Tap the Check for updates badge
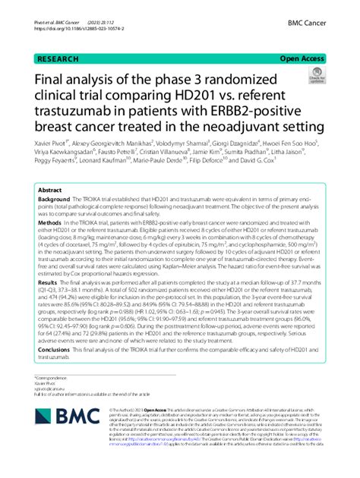[314, 76]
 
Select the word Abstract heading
[51, 191]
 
